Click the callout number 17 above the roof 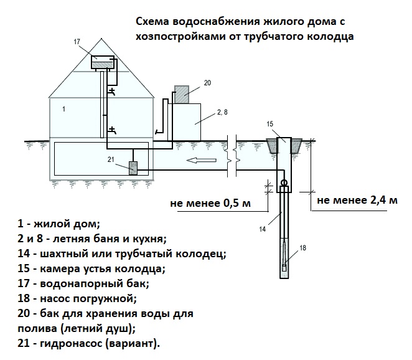77,42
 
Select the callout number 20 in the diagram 207,82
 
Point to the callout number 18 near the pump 303,249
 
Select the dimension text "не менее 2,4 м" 357,201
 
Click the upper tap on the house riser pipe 111,92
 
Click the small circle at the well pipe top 284,183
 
